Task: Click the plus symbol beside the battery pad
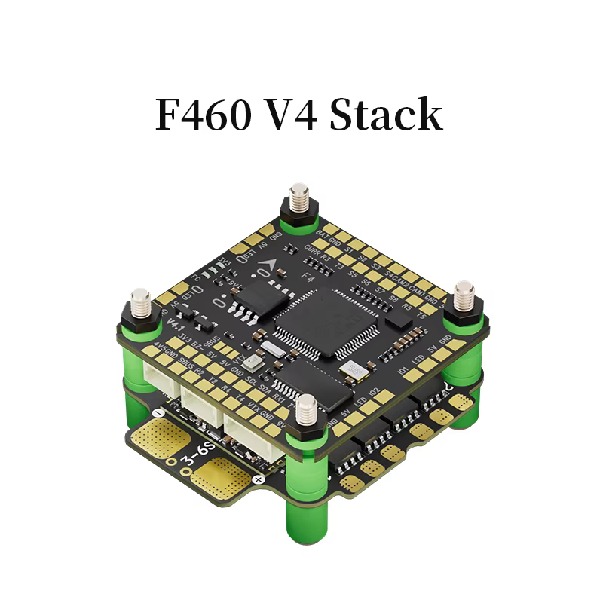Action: (259, 479)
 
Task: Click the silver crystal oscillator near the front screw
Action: (352, 369)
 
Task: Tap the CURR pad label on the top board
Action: (312, 248)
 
